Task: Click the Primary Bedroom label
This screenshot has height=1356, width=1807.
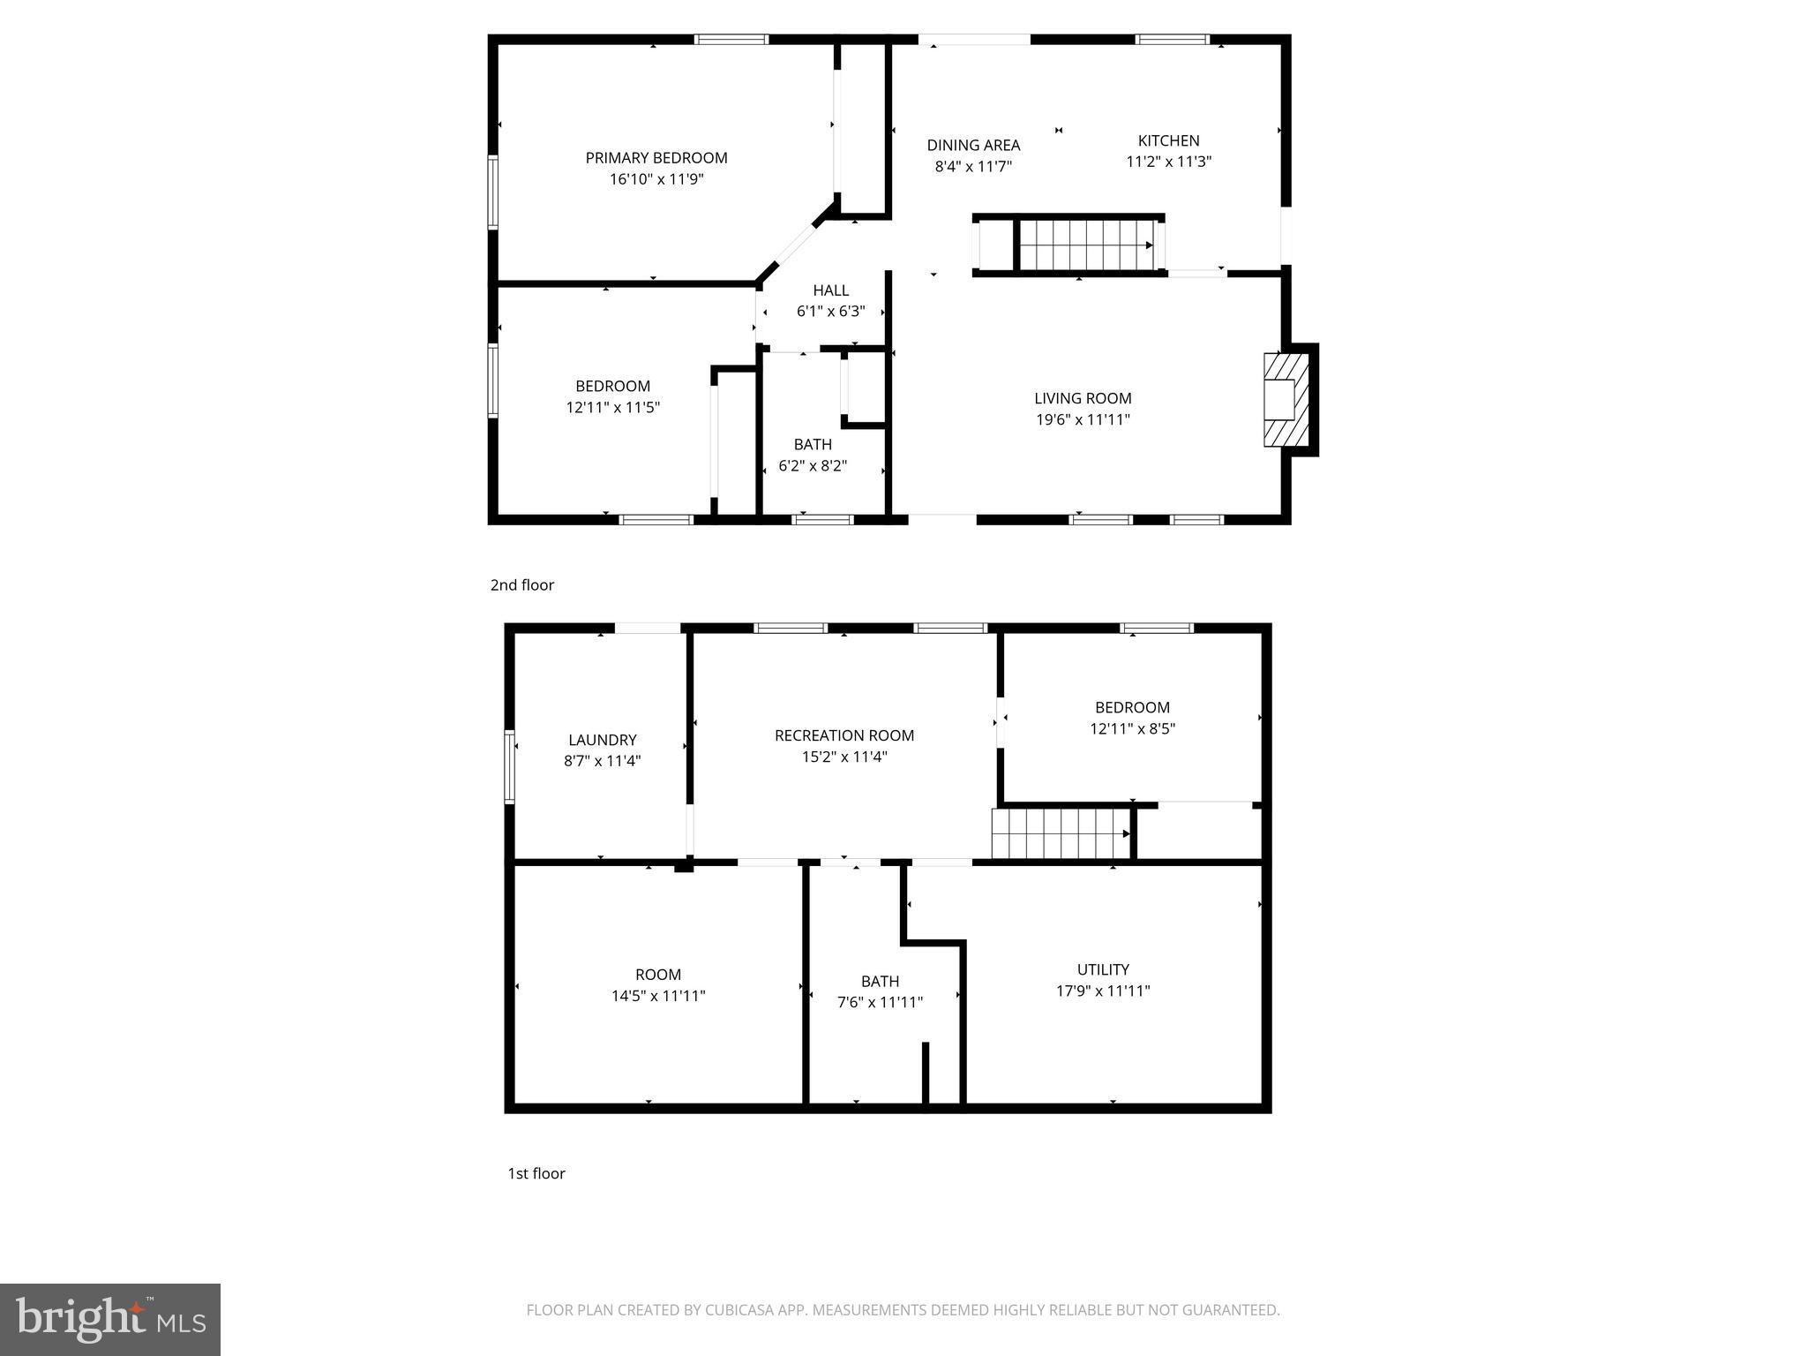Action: pos(656,158)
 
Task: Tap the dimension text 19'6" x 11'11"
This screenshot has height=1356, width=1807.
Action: pos(1083,420)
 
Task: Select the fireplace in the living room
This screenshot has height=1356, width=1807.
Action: pos(1286,400)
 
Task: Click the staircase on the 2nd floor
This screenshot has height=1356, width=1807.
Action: pos(1085,245)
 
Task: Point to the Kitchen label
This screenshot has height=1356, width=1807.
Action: pos(1168,140)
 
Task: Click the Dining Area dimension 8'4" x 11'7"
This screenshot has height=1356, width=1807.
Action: pos(973,166)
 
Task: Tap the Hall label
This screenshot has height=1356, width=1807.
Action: pos(830,290)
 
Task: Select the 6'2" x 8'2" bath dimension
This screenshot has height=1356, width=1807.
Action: pos(813,466)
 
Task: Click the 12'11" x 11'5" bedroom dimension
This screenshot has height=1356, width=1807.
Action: pos(612,408)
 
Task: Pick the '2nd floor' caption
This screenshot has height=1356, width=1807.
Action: pos(522,585)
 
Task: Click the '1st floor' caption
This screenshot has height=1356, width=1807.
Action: pos(536,1173)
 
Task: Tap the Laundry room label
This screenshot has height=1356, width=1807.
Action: pos(602,740)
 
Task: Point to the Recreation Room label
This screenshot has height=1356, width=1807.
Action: pos(844,735)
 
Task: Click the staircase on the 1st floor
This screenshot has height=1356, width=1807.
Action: pos(1061,833)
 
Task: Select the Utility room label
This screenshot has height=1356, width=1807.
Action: pos(1103,969)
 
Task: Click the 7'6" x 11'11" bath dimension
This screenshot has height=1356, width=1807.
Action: pos(880,1003)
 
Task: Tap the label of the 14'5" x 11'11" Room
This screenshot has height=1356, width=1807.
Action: pos(658,975)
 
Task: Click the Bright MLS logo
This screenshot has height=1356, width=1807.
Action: pos(110,1320)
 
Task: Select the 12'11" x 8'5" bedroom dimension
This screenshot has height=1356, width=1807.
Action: pos(1132,729)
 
